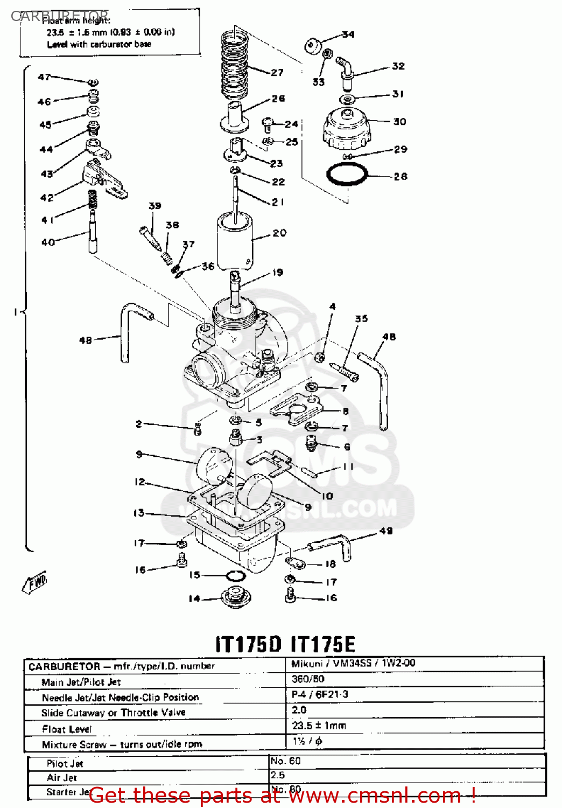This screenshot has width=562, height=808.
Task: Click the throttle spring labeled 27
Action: point(235,65)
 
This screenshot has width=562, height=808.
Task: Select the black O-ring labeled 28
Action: point(347,175)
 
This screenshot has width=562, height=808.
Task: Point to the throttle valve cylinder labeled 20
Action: point(235,240)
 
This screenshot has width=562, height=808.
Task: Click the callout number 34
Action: point(348,34)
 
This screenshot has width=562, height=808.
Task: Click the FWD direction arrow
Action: point(35,582)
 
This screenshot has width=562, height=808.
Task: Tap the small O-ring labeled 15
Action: point(235,576)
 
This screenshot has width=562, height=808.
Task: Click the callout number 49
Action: point(386,531)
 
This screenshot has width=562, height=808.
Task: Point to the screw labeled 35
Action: point(344,372)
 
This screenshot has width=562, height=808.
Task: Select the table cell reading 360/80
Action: point(308,679)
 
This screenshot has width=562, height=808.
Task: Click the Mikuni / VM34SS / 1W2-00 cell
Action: point(353,664)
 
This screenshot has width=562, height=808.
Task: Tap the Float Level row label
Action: point(67,729)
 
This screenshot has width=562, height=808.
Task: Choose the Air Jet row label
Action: point(61,778)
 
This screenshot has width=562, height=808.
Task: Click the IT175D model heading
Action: point(248,644)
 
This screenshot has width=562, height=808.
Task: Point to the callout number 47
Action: point(44,77)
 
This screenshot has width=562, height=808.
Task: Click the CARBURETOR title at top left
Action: point(59,16)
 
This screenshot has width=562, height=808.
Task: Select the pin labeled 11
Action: point(310,472)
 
